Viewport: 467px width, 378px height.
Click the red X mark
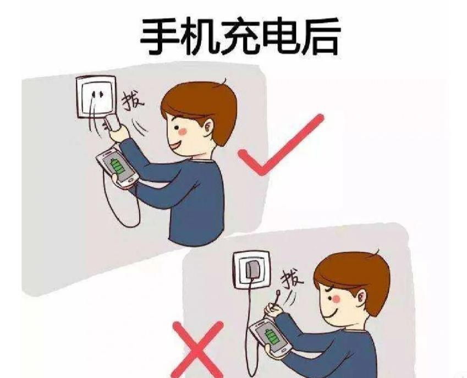pyautogui.click(x=198, y=349)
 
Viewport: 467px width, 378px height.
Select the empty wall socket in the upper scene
pyautogui.click(x=96, y=97)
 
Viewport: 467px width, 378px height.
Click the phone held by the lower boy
pyautogui.click(x=270, y=337)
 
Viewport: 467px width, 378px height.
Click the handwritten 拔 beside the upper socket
pyautogui.click(x=132, y=101)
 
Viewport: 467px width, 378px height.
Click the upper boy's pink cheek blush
pyautogui.click(x=182, y=130)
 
